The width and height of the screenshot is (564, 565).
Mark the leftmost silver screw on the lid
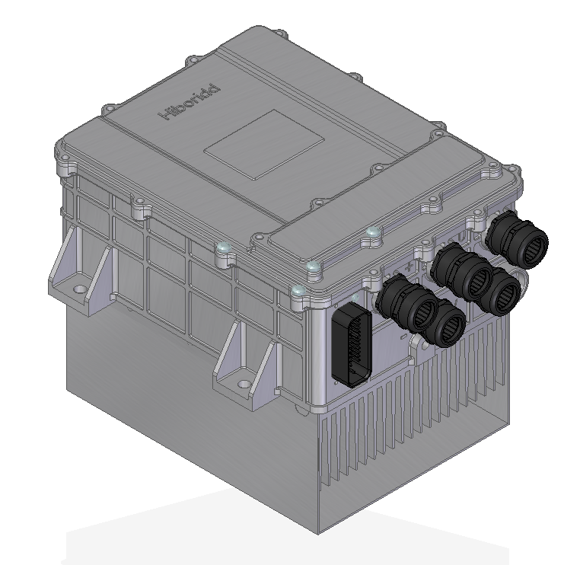(x=221, y=248)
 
